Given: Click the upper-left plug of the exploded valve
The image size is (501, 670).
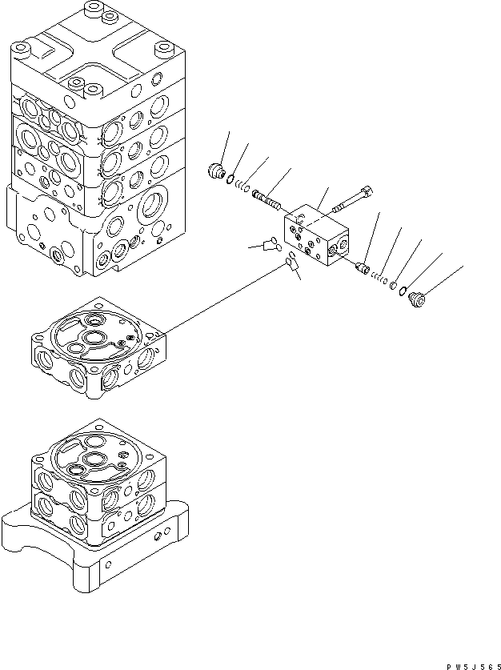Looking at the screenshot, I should pos(214,170).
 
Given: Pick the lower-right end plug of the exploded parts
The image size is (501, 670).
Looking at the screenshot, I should pos(417,299).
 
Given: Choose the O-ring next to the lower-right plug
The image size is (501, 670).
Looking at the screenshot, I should pos(403,291).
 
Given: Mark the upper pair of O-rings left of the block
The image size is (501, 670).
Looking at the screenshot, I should pos(270,243).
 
